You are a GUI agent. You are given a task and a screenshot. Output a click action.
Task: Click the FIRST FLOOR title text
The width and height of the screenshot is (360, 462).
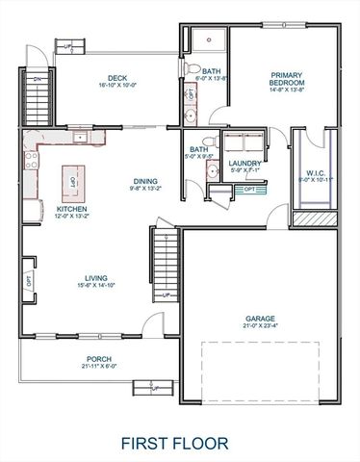point(174,443)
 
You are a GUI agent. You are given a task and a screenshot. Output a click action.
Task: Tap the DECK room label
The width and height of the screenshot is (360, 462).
point(117,77)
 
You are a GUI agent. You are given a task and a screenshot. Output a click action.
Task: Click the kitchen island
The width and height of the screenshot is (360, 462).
point(70,178)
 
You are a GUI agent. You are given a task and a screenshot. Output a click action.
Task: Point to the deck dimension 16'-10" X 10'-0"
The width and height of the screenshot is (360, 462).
point(117,86)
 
